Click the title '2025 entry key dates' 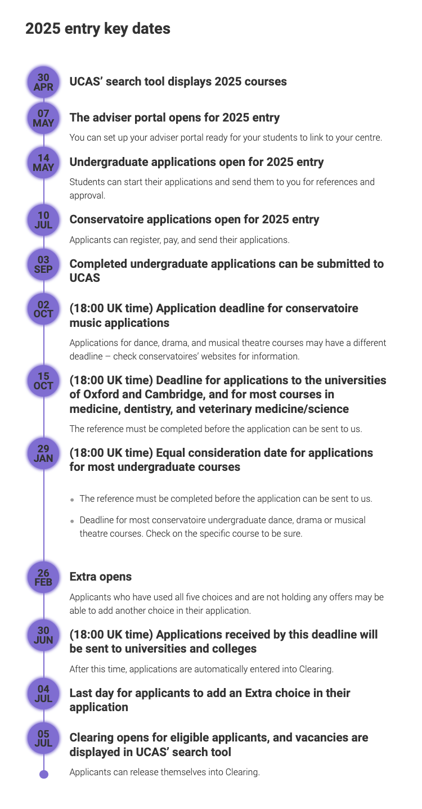[97, 28]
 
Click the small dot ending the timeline [44, 774]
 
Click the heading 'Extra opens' [100, 577]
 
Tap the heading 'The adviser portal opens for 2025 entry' [174, 118]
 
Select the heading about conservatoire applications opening [194, 219]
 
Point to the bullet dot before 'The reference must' [73, 500]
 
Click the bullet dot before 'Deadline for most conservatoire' [73, 521]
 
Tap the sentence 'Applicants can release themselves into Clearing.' [164, 772]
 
